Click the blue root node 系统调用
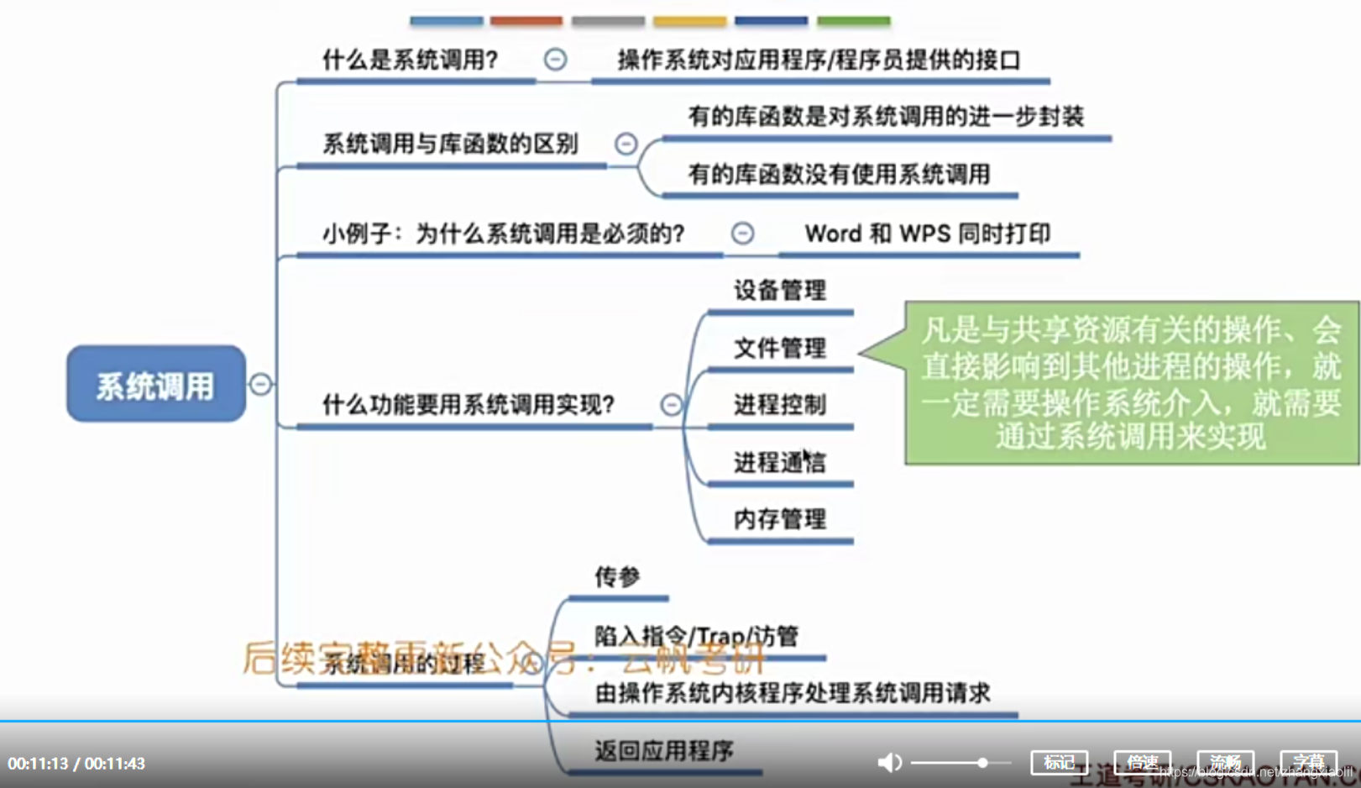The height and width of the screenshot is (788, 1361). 155,384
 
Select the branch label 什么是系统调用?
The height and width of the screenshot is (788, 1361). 410,60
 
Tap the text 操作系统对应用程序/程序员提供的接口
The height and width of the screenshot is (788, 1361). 819,60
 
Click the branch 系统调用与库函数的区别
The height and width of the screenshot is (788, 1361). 450,144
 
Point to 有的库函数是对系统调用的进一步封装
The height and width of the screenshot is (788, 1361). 885,117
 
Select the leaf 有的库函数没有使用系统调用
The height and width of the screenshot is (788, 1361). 839,174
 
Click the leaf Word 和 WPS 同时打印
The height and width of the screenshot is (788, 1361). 927,234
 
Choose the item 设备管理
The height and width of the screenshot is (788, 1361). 779,291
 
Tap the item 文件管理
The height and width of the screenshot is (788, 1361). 779,348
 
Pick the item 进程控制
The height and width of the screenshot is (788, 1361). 779,405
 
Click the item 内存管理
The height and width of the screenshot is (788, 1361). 779,519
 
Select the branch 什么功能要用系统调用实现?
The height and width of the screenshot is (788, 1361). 468,405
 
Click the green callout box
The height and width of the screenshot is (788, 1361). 1130,383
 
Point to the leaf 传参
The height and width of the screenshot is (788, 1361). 617,577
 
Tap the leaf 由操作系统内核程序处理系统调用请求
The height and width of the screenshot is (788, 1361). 792,693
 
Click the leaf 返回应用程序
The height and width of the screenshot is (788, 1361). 663,750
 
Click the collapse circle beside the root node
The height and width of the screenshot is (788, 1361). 261,384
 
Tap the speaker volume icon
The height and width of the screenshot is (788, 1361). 888,762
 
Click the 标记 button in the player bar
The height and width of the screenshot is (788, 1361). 1059,762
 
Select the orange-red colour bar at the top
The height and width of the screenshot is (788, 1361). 526,20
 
